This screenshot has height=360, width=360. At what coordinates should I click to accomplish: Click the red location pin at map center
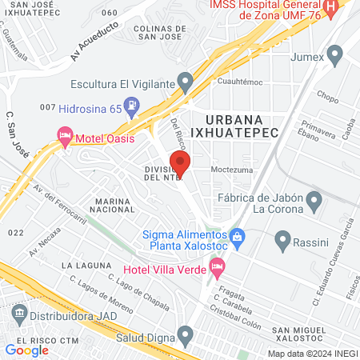180,164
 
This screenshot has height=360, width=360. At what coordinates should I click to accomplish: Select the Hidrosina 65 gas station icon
134,105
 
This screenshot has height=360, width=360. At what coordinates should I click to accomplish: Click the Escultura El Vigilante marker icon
186,81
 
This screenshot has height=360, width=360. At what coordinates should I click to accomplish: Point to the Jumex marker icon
335,54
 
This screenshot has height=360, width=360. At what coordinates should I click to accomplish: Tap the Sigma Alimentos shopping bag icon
237,236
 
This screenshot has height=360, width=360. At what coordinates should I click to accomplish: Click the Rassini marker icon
282,238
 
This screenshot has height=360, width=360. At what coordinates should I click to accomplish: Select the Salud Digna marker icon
186,333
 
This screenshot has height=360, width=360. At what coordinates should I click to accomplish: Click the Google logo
26,350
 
